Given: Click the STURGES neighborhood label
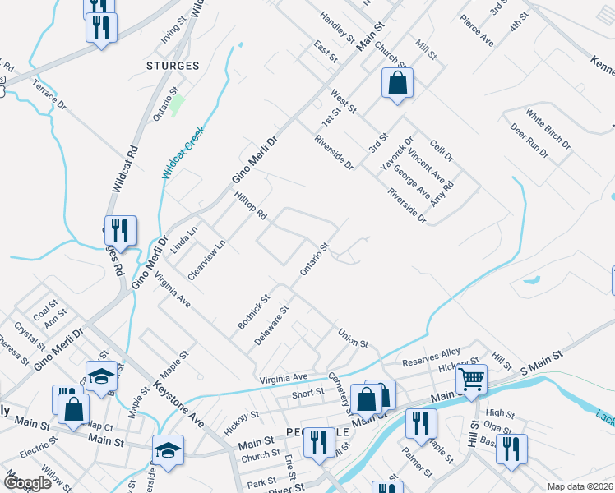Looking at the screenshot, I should pyautogui.click(x=172, y=66).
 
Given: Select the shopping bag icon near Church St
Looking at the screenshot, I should pyautogui.click(x=397, y=84).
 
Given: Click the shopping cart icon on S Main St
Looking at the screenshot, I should pyautogui.click(x=471, y=380).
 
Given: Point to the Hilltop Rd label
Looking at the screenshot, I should pyautogui.click(x=252, y=205).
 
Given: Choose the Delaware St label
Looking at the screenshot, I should pyautogui.click(x=271, y=326).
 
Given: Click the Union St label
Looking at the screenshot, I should pyautogui.click(x=353, y=337).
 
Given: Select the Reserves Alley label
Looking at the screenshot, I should pyautogui.click(x=431, y=357).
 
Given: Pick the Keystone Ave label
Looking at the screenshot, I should pyautogui.click(x=178, y=403).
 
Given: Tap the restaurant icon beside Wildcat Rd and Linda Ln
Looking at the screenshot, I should pyautogui.click(x=121, y=233).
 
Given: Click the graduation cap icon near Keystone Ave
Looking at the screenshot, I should pyautogui.click(x=168, y=451).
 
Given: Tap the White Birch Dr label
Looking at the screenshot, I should pyautogui.click(x=548, y=129).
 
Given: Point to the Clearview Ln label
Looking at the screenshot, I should pyautogui.click(x=206, y=260).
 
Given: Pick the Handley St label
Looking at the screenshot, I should pyautogui.click(x=336, y=28).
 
